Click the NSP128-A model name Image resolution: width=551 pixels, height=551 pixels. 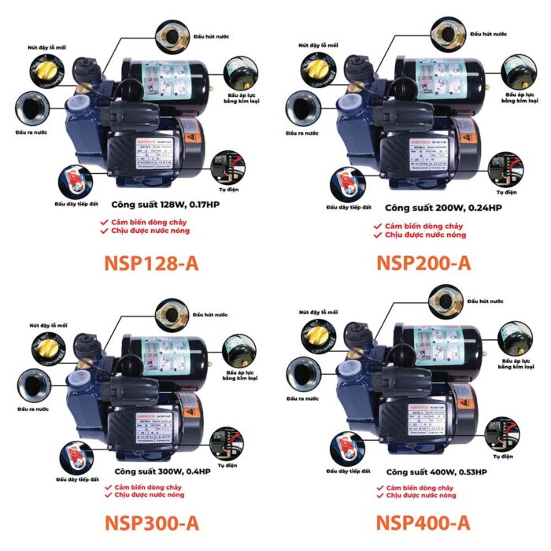(150, 263)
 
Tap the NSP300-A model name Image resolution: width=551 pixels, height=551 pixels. (150, 523)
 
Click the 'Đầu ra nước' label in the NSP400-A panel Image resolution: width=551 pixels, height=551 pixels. (302, 400)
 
